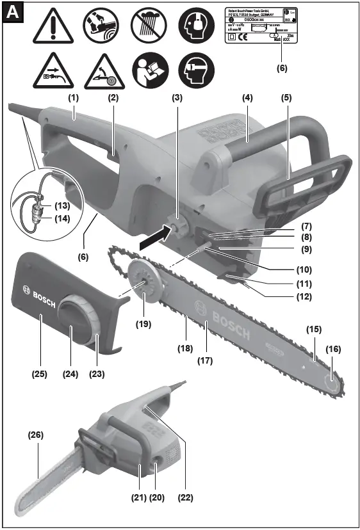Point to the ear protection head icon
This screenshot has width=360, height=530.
[195, 28]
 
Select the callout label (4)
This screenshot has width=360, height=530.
[246, 99]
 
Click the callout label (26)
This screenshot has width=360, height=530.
[37, 435]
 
